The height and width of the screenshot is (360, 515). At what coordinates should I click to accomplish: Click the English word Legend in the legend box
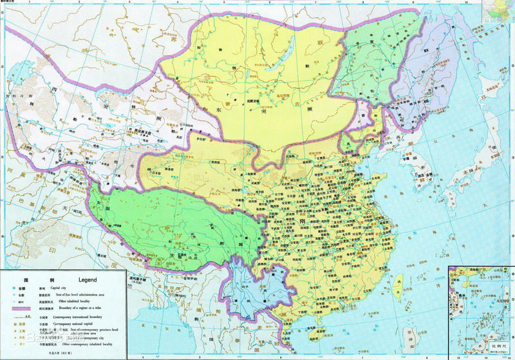tap(88, 280)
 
